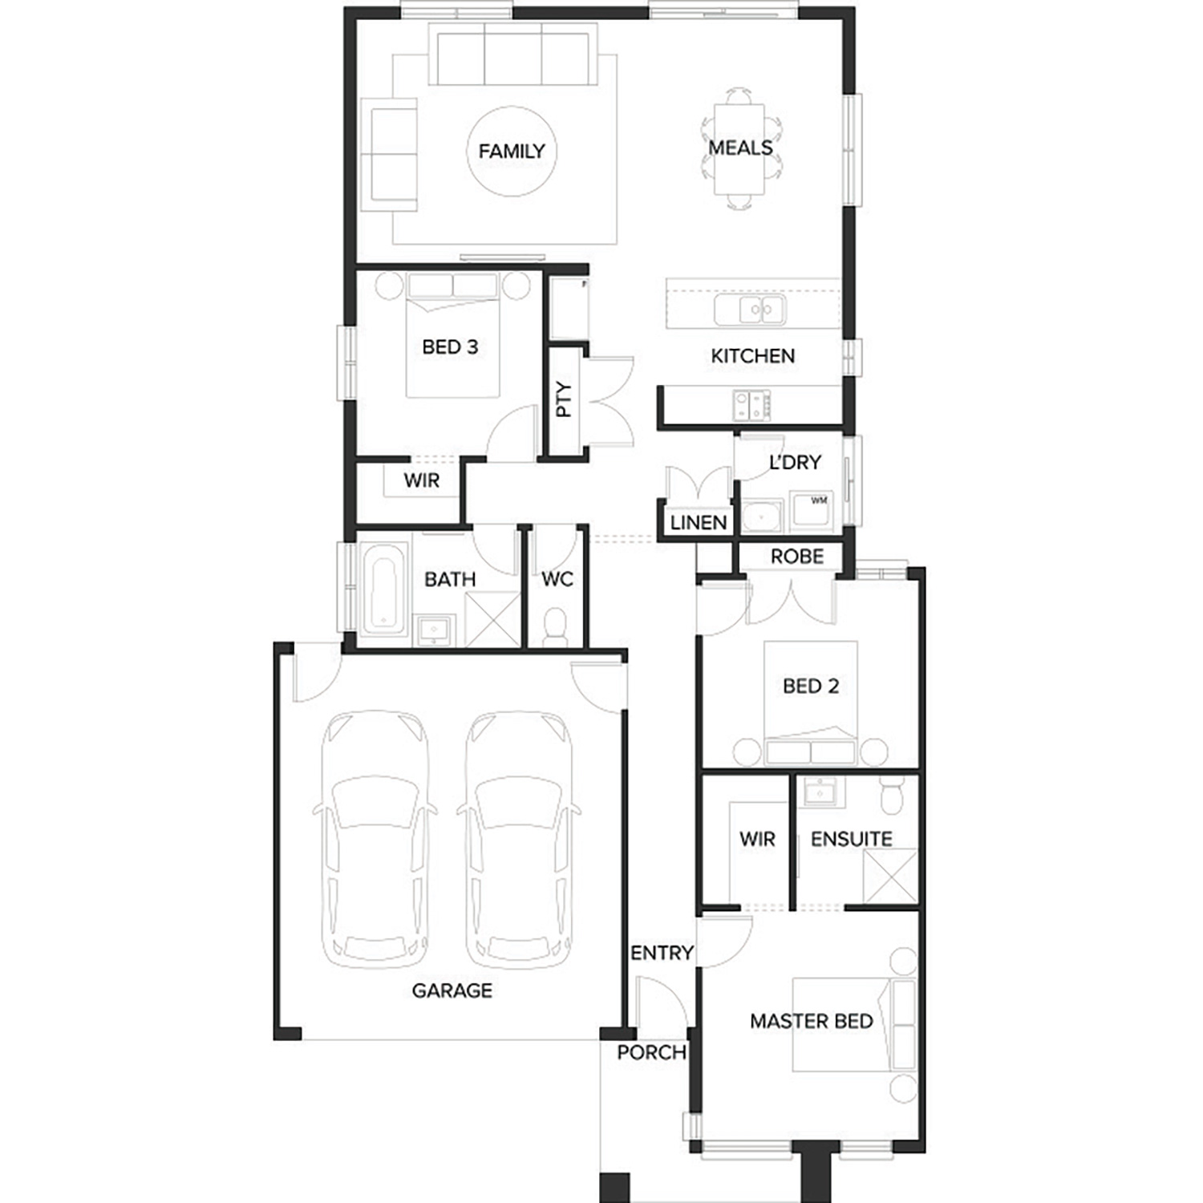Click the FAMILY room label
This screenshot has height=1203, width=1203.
pos(512,151)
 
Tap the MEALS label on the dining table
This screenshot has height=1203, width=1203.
pos(740,148)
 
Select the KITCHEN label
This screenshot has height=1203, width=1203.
pos(753,355)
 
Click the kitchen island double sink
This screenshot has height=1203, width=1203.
pos(750,309)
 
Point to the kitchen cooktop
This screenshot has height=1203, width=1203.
pos(751,404)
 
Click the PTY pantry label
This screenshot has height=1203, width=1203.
pos(564,399)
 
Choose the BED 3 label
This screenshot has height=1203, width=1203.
pos(450,346)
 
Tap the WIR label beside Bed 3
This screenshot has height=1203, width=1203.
pos(421,480)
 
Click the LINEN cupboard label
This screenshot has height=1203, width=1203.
pos(699,522)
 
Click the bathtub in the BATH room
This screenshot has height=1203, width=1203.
pos(385,588)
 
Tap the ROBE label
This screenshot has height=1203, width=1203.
pos(797,556)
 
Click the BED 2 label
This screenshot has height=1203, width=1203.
pos(811,686)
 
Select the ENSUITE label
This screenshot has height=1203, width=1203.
pos(852,839)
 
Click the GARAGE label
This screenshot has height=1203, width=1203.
pos(452,990)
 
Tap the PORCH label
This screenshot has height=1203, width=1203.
pos(651,1052)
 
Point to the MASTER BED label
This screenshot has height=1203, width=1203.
pos(812,1021)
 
